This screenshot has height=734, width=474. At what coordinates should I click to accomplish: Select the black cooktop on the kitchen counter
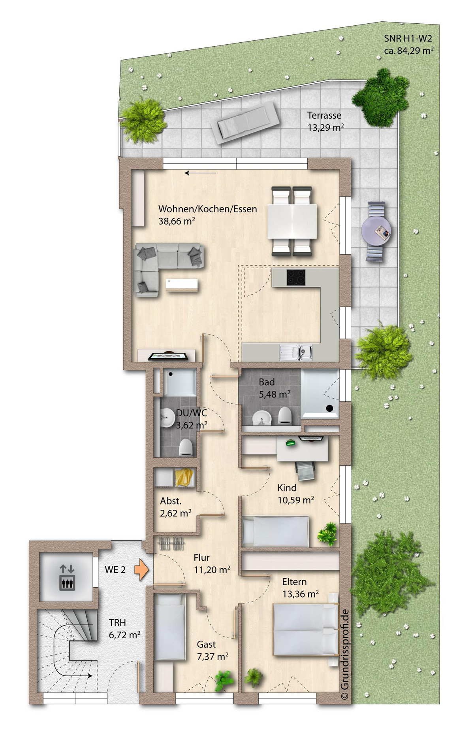pos(296,277)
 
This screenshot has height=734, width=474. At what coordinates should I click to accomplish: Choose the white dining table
pos(292,221)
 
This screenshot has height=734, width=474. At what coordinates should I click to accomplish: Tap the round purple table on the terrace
pos(376,231)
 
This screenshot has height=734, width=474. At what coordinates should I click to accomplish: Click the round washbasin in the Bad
pos(261,418)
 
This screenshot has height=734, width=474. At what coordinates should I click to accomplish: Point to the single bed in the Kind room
pos(275,531)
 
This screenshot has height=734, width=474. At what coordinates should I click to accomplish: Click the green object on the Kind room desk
pos(291,443)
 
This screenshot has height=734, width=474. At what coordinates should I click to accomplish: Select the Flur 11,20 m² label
pos(212,564)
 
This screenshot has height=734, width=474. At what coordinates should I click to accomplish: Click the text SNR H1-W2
pos(408,38)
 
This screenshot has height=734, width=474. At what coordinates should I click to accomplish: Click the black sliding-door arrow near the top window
pos(200,173)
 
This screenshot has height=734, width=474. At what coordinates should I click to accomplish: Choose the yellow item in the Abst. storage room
pos(184,477)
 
